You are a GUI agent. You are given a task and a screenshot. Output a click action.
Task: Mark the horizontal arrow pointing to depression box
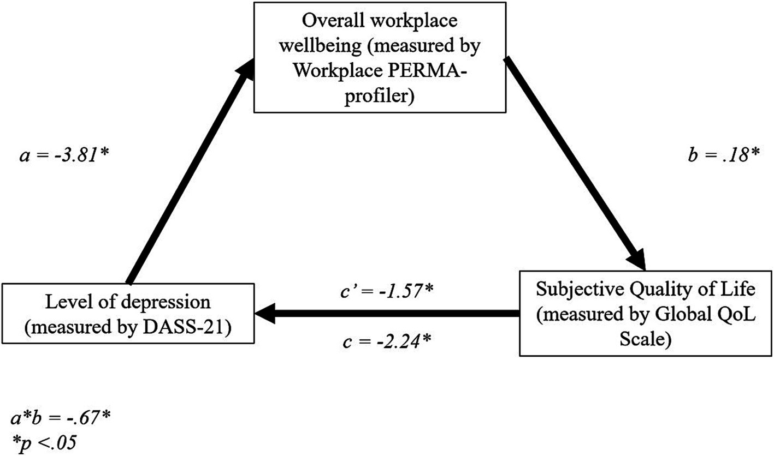point(388,314)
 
